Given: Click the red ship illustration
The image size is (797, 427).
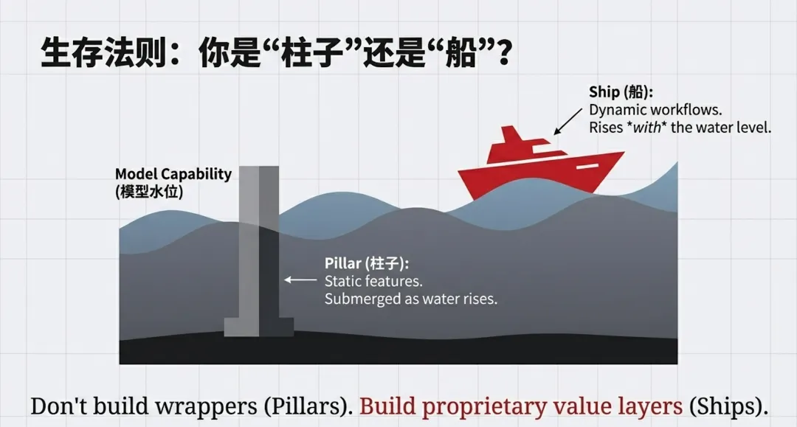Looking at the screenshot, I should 539,166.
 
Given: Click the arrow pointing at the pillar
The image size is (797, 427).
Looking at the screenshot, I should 300,280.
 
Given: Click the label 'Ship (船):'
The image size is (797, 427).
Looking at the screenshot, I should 621,92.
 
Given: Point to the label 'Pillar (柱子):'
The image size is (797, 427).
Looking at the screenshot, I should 367,263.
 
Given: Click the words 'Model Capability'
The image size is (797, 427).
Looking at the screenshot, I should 173,175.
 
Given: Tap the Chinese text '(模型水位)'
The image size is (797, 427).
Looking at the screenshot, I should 149,191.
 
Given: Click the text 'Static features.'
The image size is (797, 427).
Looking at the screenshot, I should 374,281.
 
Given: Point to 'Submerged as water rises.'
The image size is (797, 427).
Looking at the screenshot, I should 411,299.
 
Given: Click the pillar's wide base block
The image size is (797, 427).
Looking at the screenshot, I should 258,326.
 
